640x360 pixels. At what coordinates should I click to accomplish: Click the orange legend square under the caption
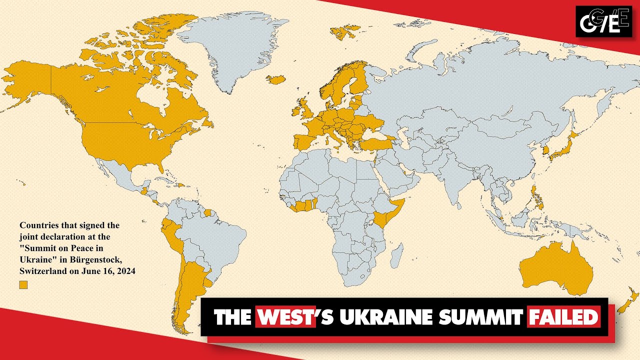pyautogui.click(x=23, y=285)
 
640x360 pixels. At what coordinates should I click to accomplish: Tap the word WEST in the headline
pyautogui.click(x=285, y=317)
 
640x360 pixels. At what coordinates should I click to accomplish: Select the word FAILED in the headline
pyautogui.click(x=563, y=317)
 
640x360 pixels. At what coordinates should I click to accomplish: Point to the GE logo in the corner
pyautogui.click(x=603, y=21)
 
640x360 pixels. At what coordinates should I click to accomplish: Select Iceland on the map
pyautogui.click(x=275, y=79)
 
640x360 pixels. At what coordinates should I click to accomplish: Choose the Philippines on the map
pyautogui.click(x=536, y=197)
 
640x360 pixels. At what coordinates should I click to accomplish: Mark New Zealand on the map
pyautogui.click(x=629, y=300)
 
